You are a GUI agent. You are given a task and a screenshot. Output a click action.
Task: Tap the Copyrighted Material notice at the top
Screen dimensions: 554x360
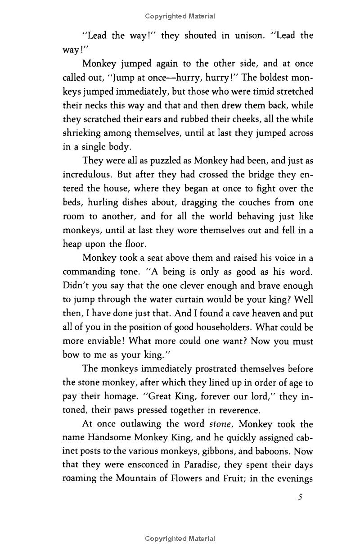click(180, 16)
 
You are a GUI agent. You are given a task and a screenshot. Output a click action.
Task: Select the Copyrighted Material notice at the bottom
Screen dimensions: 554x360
click(180, 539)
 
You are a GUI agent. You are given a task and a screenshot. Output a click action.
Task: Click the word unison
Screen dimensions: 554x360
click(240, 36)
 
